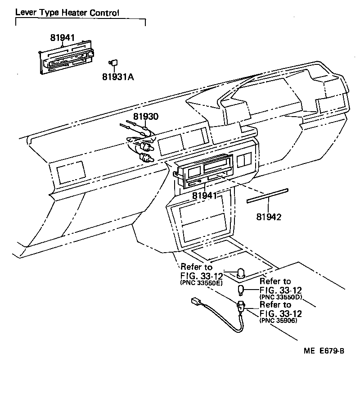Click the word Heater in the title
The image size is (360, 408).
coord(73,13)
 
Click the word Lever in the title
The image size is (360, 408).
coord(25,13)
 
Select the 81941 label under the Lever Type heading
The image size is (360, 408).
coord(62,38)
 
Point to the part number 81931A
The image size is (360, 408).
coord(118,77)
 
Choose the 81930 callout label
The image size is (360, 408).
coord(145,117)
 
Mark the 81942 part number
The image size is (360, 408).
coord(269,217)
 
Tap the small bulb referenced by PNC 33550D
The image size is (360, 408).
coord(242,289)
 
